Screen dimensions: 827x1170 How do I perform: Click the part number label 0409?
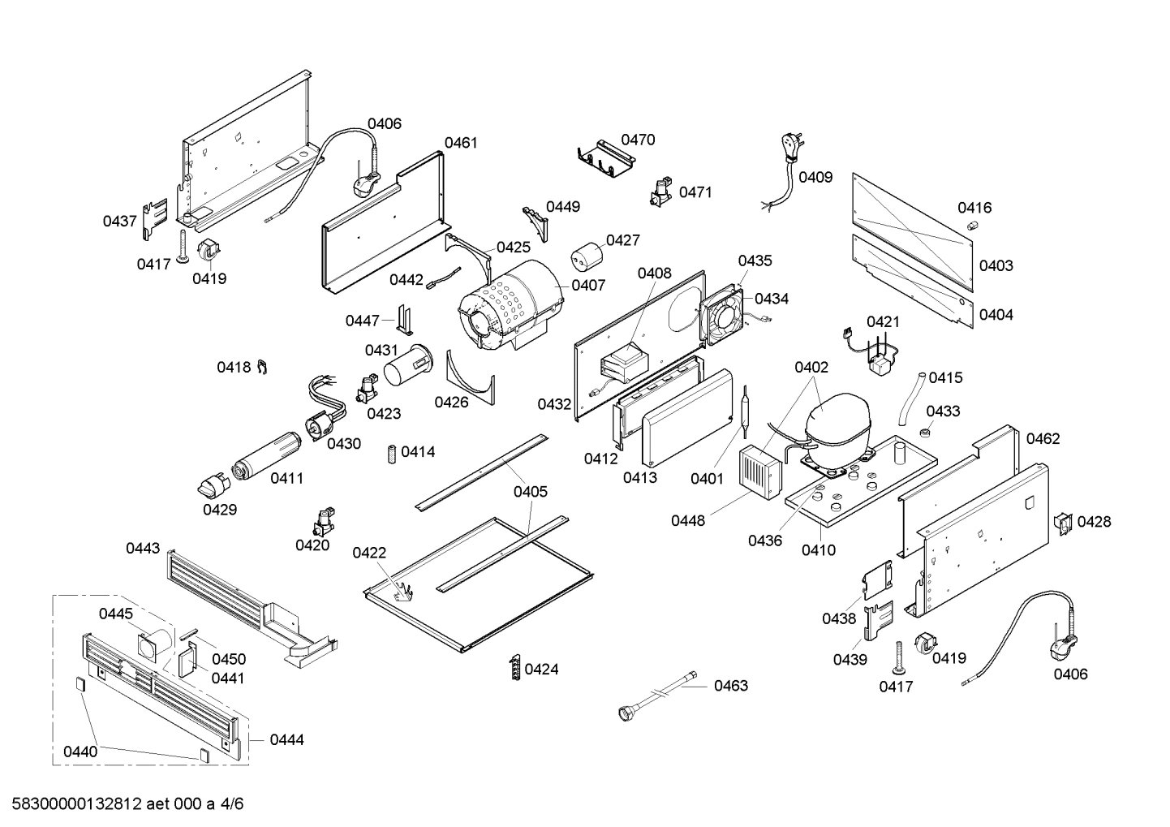coord(815,177)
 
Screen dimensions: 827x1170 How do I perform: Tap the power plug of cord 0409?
coord(789,145)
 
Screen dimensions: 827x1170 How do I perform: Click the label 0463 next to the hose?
coord(730,686)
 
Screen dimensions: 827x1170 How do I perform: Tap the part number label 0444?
coord(286,739)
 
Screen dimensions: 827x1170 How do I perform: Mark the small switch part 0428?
coord(1062,523)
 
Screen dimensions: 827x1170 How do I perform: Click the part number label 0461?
coord(461,143)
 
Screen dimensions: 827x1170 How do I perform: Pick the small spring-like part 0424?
coord(514,667)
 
